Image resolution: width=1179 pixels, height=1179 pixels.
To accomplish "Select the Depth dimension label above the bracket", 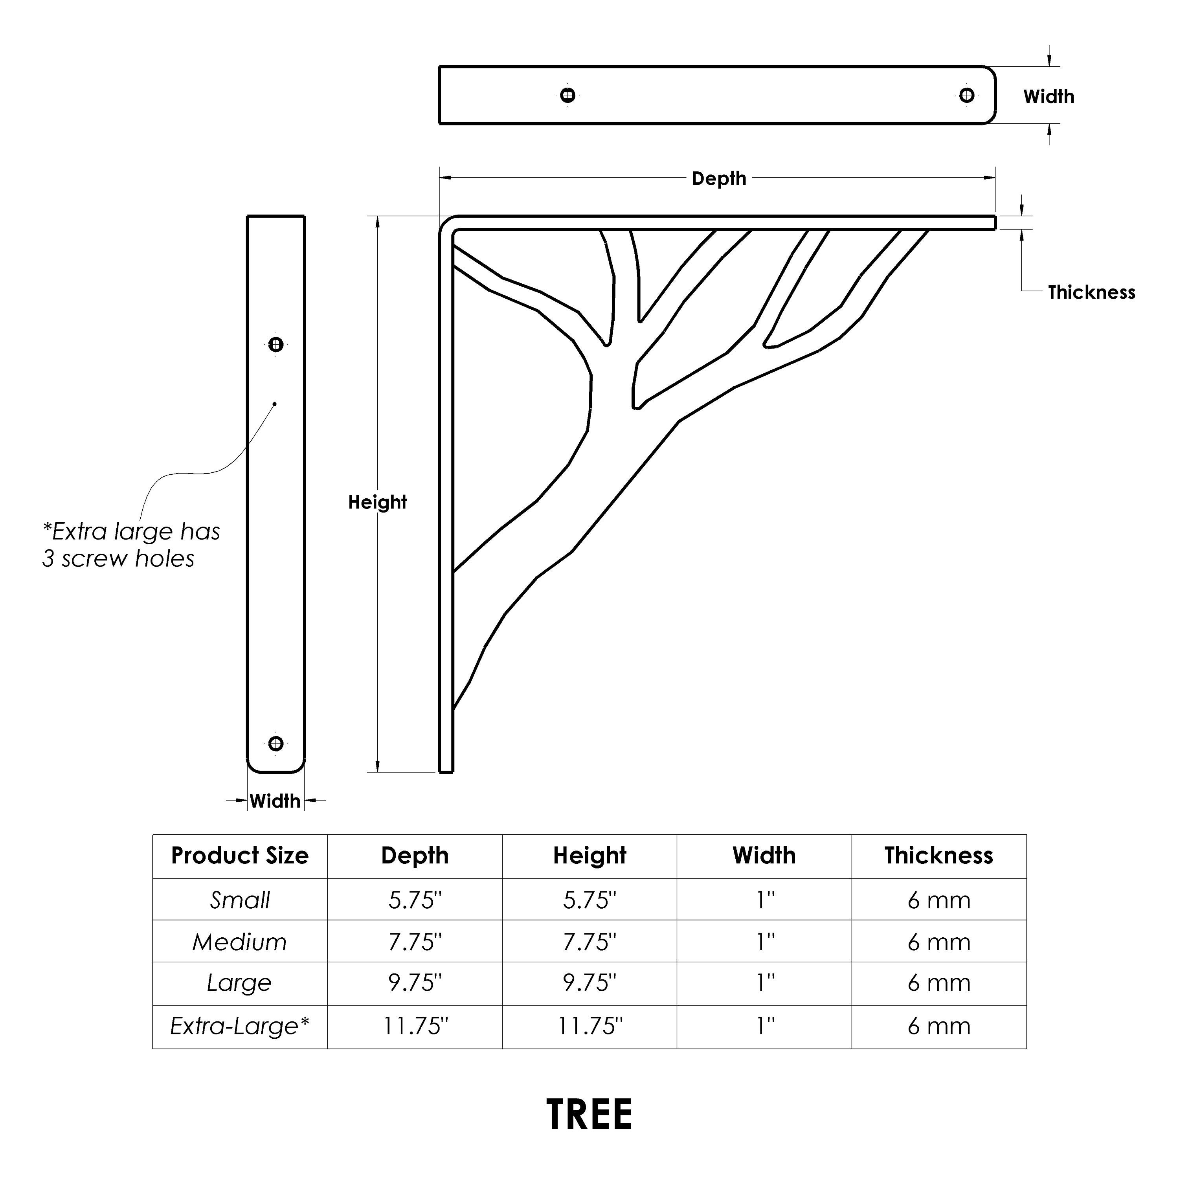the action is tap(719, 179).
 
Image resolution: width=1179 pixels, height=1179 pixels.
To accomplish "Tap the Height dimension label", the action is tap(377, 502).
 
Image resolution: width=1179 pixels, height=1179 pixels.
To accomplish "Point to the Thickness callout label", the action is tap(1091, 292).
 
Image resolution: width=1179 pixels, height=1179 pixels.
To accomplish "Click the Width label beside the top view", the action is tap(1049, 96).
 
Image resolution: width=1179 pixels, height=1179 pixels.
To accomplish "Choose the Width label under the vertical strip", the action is tap(275, 801).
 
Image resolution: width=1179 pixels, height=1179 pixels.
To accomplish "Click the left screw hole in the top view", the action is tap(567, 95).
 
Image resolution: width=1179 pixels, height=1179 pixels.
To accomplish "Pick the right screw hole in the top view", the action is tap(967, 95).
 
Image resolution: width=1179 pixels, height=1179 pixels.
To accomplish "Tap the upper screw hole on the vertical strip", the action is tap(276, 345).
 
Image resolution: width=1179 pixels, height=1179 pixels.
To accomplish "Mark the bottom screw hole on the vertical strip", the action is tap(276, 743).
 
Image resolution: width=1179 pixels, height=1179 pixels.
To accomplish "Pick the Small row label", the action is tap(240, 900).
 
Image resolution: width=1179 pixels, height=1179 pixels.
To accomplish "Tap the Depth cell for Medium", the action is tap(415, 942).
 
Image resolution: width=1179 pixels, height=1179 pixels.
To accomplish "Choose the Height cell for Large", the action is tap(589, 982).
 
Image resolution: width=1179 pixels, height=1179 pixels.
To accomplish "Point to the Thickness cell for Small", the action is tap(938, 900).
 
